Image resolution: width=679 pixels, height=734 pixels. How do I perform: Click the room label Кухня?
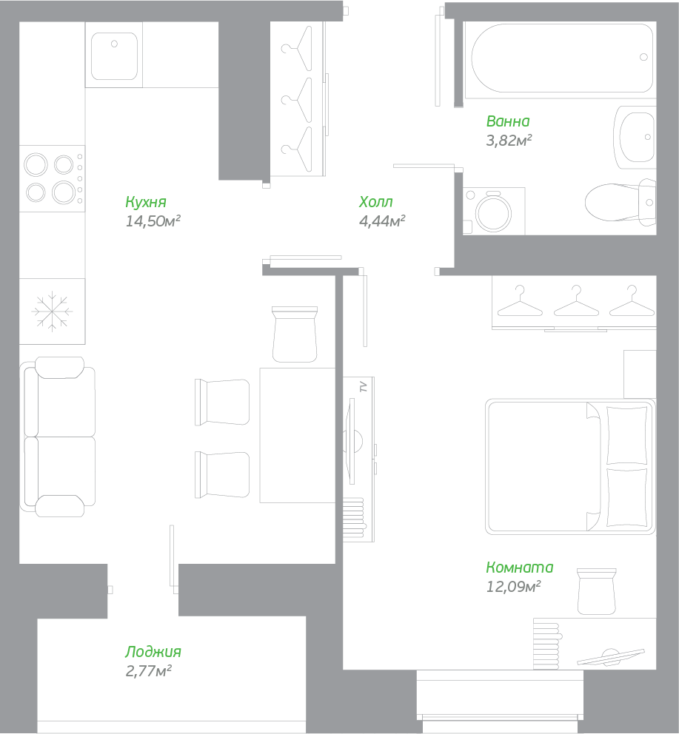tap(146, 202)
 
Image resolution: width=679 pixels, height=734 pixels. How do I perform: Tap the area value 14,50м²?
tap(153, 220)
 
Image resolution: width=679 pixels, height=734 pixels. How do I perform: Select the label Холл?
tap(375, 202)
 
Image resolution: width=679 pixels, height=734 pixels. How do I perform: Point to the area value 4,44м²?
tap(381, 220)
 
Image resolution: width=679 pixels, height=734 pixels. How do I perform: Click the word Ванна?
tap(508, 121)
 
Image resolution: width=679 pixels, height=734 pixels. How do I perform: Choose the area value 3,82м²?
tap(509, 140)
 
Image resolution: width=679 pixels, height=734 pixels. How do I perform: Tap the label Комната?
tap(520, 568)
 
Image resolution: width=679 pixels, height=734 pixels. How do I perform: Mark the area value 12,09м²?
tap(513, 587)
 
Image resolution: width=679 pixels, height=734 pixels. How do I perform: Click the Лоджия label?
tap(153, 652)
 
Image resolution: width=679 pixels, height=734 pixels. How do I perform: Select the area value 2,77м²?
tap(149, 671)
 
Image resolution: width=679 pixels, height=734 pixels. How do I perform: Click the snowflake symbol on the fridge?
tap(52, 312)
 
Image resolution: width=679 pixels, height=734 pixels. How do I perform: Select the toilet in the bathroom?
tap(618, 203)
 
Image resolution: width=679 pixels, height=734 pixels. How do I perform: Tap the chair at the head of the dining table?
tap(295, 334)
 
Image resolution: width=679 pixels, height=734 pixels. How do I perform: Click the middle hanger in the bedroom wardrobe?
tap(575, 301)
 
